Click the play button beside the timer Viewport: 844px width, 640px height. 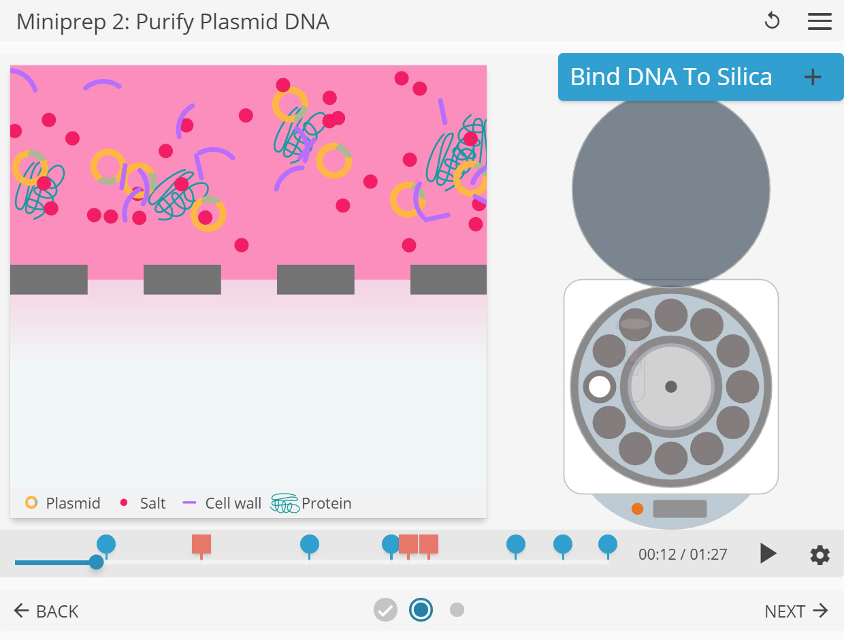768,554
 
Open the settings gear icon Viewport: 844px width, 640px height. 819,555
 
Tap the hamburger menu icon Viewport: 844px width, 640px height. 819,22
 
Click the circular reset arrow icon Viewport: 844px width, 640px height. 772,22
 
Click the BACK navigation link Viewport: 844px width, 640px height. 46,611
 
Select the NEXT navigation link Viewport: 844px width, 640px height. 796,611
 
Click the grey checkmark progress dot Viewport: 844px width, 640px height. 385,609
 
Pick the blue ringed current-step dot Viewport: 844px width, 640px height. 421,609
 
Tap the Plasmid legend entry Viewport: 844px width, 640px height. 63,503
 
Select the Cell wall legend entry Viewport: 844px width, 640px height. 223,503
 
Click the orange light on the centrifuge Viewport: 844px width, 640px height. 637,509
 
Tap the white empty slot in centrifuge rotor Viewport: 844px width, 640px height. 600,386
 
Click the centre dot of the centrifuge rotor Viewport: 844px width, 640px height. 671,387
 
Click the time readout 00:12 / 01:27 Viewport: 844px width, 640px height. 683,554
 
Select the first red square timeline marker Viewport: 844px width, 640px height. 201,544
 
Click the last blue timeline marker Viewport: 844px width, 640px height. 608,544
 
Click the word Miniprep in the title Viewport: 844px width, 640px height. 59,22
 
